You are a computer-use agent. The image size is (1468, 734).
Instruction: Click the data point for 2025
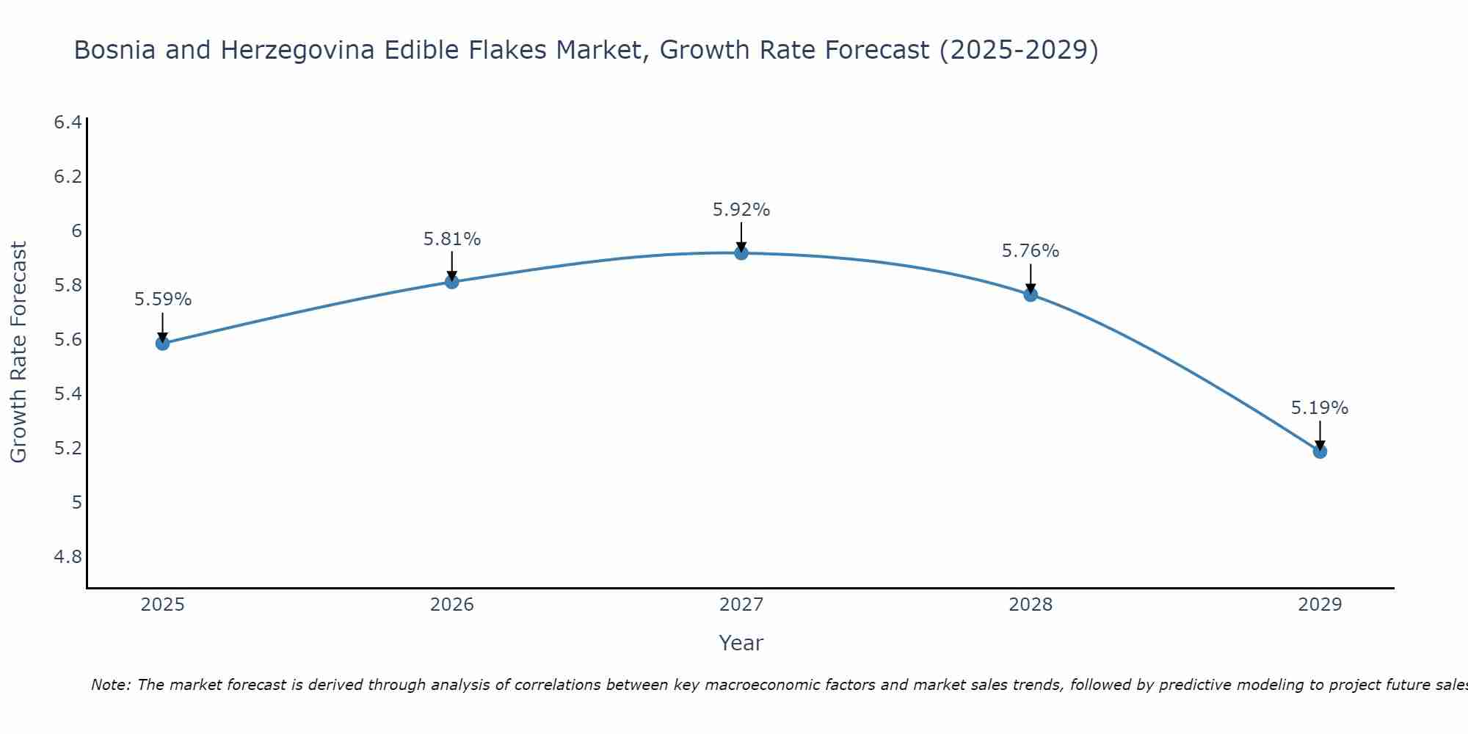(x=163, y=343)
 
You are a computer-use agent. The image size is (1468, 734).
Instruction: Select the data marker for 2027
(x=741, y=253)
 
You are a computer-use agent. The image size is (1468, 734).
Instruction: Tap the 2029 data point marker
(x=1320, y=451)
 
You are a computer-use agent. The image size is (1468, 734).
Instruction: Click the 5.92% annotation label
(x=741, y=210)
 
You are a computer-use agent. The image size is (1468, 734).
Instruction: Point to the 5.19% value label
(x=1320, y=408)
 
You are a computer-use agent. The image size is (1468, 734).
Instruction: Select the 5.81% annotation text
(x=452, y=239)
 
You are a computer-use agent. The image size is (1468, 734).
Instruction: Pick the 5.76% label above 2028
(x=1031, y=251)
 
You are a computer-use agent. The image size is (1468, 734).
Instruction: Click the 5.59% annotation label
(x=163, y=299)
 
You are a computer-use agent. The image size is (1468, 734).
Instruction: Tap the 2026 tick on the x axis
(x=452, y=605)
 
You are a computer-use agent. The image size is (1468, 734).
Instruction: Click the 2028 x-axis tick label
(x=1031, y=605)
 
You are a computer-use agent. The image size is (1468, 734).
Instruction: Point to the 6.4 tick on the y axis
(x=68, y=123)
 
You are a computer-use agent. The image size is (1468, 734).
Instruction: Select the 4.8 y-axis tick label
(x=68, y=557)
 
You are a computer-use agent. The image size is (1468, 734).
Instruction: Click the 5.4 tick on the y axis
(x=68, y=394)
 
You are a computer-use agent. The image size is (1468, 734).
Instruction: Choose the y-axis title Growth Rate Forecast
(x=19, y=352)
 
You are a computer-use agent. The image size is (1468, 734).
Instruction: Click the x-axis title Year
(x=741, y=643)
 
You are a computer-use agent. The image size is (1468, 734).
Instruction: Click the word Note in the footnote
(x=110, y=685)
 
